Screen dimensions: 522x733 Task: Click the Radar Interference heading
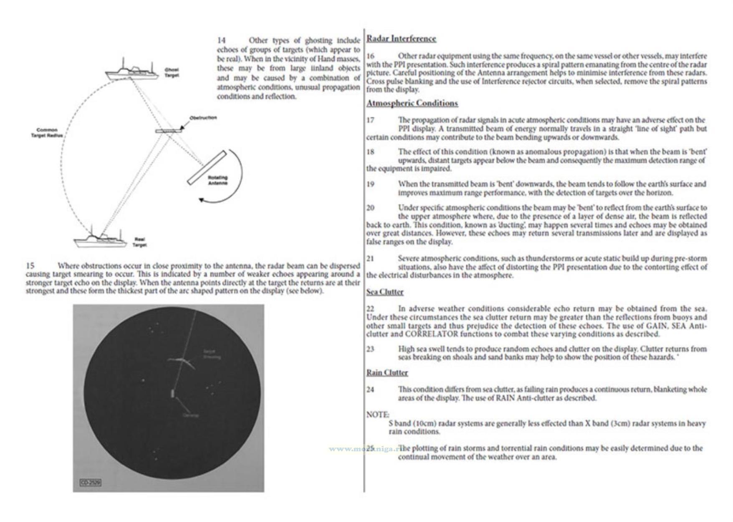401,39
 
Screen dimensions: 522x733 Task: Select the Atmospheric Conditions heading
412,103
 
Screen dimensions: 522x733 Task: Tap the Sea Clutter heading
385,292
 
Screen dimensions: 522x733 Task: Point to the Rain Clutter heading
387,372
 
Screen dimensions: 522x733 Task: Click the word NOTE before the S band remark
377,415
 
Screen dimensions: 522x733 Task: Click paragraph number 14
221,40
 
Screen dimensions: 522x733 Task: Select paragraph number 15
30,265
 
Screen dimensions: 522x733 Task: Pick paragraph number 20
370,208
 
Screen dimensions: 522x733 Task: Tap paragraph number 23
370,349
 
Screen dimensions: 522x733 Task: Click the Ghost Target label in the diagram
172,72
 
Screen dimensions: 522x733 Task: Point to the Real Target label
139,242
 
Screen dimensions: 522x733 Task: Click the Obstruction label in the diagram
203,118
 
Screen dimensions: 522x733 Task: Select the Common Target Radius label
47,132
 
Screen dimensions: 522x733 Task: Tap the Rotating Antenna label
217,180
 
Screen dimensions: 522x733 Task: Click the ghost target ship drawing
131,71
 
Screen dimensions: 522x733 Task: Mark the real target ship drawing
100,239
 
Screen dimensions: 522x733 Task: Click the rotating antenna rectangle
206,167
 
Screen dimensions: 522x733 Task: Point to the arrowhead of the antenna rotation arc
202,200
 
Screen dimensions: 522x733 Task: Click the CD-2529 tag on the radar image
90,483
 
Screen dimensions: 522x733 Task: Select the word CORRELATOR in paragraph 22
431,334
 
